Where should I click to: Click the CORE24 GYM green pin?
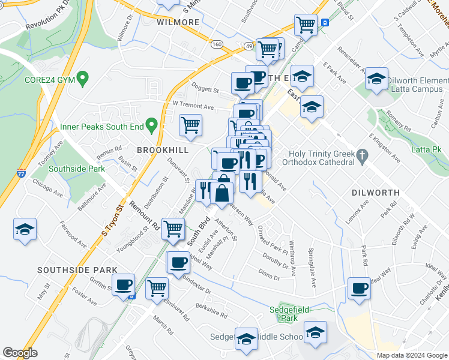[x=83, y=79]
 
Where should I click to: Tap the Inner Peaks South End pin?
[x=152, y=126]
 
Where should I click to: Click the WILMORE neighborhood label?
[x=178, y=22]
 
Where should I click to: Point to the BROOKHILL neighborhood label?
[x=163, y=149]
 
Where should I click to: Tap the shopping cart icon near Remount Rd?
[x=173, y=228]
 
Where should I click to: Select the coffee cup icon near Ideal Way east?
[x=359, y=288]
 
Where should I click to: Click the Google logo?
[x=20, y=353]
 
